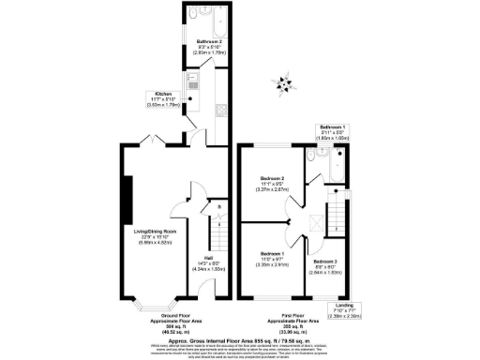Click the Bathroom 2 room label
tap(207, 42)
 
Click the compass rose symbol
tap(279, 84)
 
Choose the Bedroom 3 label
tap(324, 262)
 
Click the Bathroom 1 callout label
tap(333, 128)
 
